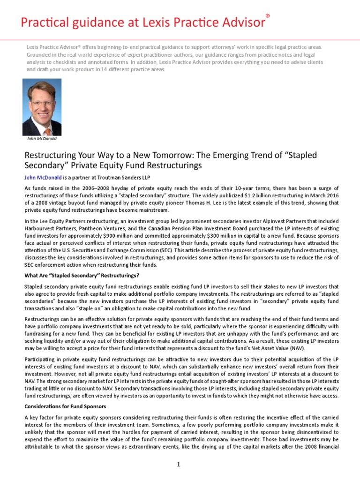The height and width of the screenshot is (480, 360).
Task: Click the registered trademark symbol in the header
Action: point(268,16)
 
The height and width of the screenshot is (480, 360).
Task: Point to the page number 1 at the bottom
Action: point(179,464)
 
